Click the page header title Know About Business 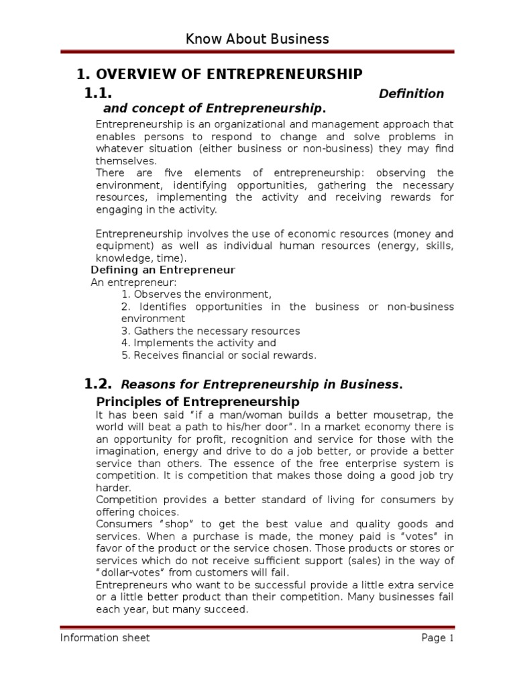[x=257, y=39]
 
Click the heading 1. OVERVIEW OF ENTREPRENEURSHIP [x=220, y=74]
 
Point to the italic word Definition [x=411, y=93]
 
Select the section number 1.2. [x=98, y=384]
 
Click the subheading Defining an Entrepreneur [x=163, y=270]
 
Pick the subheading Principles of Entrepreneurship [x=198, y=402]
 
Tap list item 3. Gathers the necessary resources [x=211, y=331]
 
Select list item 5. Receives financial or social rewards [x=219, y=355]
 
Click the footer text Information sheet [x=105, y=638]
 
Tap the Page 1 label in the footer [x=438, y=638]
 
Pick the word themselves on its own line [x=125, y=161]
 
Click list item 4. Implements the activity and [x=198, y=343]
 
